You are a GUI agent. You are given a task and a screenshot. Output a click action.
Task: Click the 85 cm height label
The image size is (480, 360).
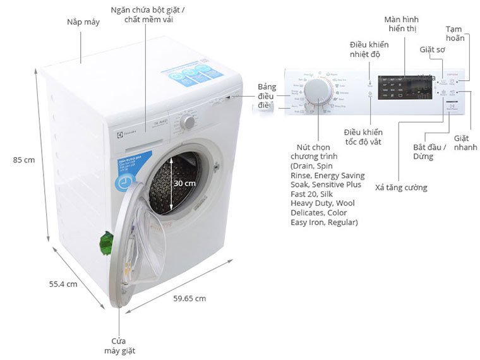[x=24, y=160]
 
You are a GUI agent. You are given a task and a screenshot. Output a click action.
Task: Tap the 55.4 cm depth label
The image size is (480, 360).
[x=63, y=284]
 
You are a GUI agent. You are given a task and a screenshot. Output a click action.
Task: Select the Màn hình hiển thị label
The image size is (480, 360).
[x=402, y=24]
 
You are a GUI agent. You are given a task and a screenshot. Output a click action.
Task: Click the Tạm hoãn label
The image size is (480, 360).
[x=455, y=33]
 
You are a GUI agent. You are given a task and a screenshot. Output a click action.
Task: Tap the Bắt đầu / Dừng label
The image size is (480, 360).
[x=429, y=152]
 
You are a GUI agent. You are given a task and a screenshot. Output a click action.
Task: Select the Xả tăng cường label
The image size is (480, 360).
[x=401, y=188]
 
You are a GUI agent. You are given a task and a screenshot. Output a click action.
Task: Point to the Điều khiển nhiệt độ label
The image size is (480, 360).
[x=369, y=49]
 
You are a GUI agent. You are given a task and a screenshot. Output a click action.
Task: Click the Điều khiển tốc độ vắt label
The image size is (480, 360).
[x=363, y=136]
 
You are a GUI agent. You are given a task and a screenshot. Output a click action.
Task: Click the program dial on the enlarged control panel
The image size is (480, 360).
[x=317, y=95]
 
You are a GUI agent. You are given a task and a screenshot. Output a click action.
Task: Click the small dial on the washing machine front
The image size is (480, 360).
[x=188, y=122]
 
